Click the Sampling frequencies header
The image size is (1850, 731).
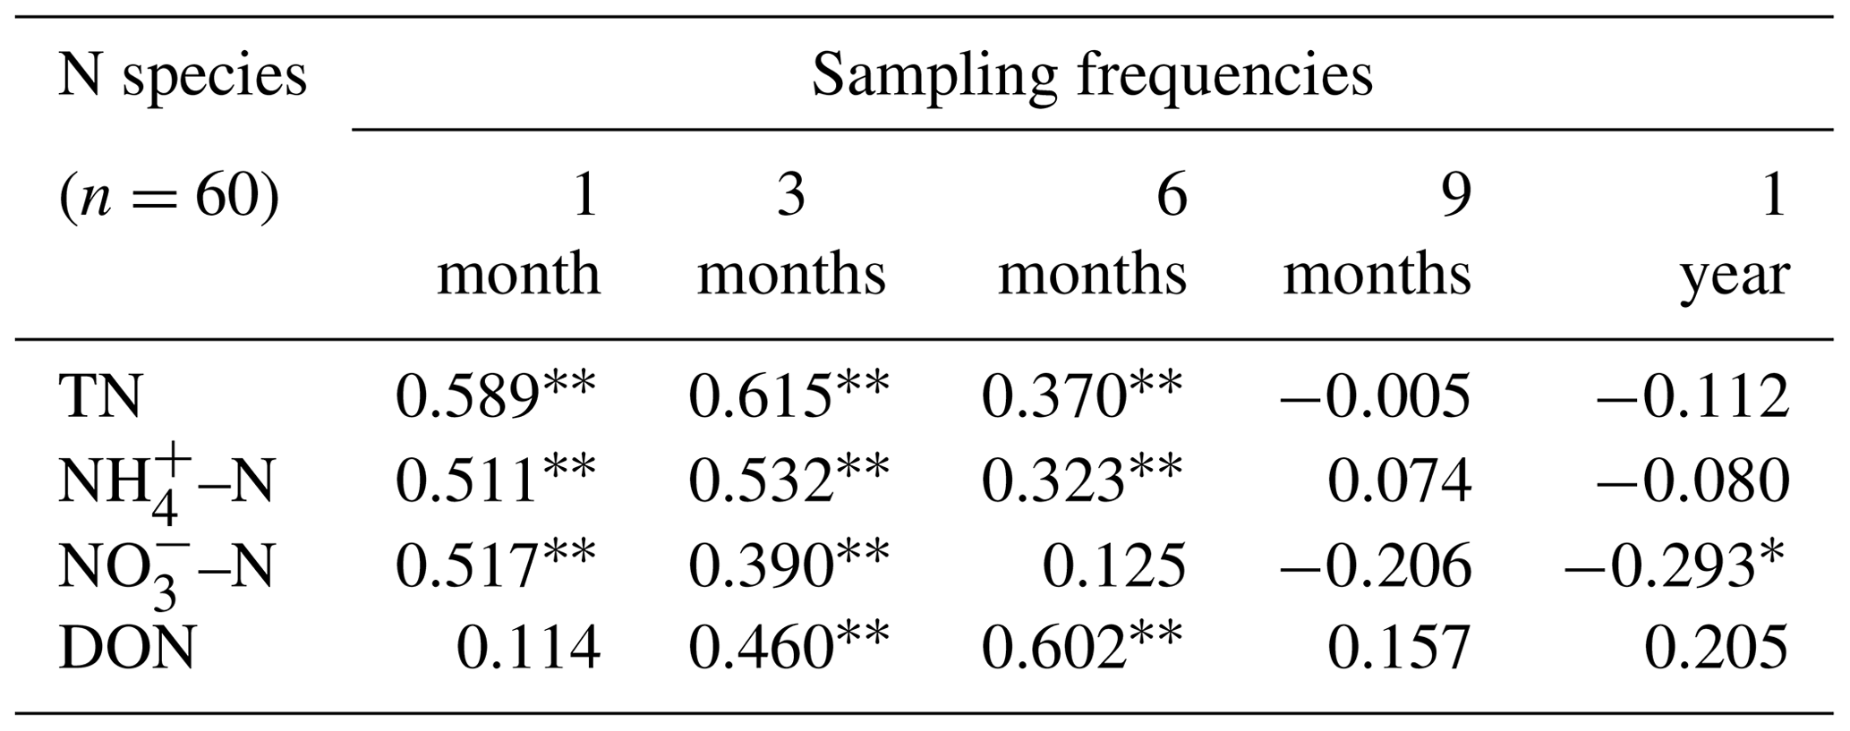click(1091, 75)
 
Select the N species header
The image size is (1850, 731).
click(183, 75)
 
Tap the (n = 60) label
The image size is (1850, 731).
click(169, 195)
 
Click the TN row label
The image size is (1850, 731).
click(100, 396)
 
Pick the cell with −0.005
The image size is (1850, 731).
click(1376, 396)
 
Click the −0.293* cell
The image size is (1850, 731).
click(1675, 565)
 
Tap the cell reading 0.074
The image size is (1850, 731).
click(1399, 481)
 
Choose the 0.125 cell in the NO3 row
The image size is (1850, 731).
click(1114, 565)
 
